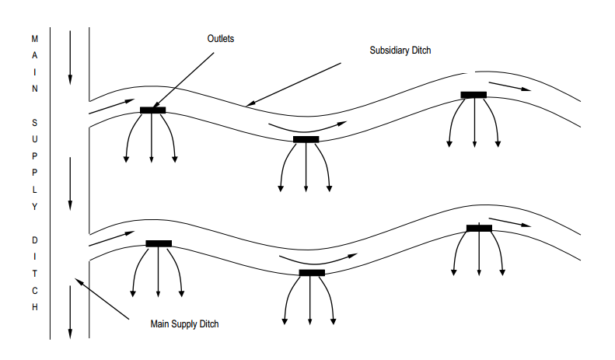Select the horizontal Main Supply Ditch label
184,323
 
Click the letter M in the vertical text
34,37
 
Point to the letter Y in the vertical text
34,207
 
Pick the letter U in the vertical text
34,139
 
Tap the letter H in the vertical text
34,307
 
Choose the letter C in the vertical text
34,291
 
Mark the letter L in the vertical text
34,190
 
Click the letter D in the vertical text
34,240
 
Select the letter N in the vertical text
34,89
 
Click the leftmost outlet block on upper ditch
152,110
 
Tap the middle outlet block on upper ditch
306,139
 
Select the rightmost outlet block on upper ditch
473,94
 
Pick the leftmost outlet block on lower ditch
159,243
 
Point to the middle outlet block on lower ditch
312,272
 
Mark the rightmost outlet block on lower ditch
479,228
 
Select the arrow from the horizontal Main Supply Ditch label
101,298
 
